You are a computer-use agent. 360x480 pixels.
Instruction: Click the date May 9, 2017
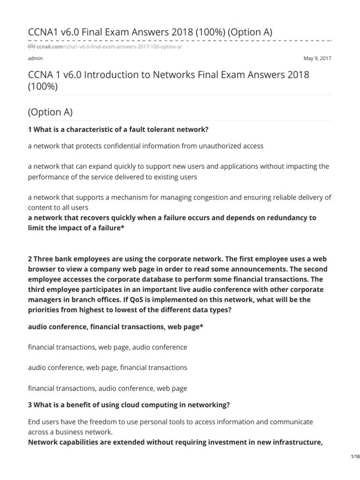click(318, 59)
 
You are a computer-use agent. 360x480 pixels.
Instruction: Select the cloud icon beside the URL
click(31, 47)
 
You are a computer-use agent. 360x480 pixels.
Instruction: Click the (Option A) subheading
click(51, 112)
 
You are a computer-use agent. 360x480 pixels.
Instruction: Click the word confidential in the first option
click(133, 146)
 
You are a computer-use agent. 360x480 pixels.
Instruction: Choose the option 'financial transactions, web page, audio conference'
click(107, 347)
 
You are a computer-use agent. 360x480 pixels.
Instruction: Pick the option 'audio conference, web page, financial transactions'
click(107, 367)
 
